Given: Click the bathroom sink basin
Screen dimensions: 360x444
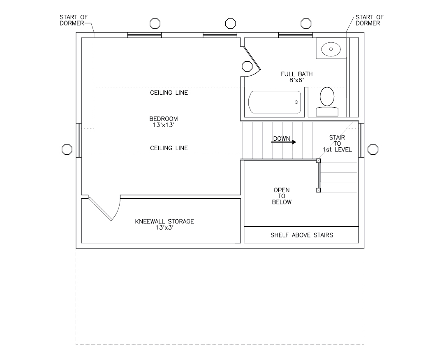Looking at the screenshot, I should [331, 50].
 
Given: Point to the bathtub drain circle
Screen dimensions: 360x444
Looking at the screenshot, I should [296, 101].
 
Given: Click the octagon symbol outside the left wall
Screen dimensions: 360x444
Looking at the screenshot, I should [67, 149].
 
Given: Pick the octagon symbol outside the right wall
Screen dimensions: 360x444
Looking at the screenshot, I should [373, 149].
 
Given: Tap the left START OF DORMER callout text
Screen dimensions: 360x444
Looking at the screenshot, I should [73, 20].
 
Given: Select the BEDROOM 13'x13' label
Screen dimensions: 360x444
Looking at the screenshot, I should [164, 121].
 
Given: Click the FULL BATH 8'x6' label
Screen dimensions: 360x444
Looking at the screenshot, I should [296, 77].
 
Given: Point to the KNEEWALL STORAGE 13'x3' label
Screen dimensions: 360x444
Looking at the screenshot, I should [164, 224].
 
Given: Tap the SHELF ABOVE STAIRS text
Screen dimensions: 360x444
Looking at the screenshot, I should [301, 235].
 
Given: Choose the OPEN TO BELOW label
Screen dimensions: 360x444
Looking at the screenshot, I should [282, 196].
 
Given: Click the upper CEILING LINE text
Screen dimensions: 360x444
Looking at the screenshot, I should [169, 93].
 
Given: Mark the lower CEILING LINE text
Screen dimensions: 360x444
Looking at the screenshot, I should [169, 148].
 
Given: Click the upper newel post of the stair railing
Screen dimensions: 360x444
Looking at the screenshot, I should [318, 160].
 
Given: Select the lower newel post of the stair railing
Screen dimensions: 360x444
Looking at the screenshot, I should [318, 190].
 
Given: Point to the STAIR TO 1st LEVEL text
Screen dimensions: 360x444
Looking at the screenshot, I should [337, 144].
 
